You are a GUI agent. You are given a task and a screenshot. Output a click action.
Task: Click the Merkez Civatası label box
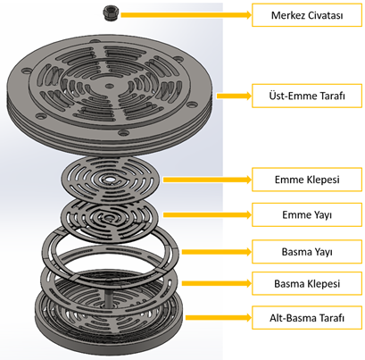pyautogui.click(x=307, y=15)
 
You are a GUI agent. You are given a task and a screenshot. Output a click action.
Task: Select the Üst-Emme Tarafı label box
pyautogui.click(x=307, y=96)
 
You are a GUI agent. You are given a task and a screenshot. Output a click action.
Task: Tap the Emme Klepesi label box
pyautogui.click(x=307, y=180)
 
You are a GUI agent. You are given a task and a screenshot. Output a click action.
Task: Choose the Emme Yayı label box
pyautogui.click(x=307, y=214)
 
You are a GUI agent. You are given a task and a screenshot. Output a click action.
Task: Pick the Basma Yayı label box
pyautogui.click(x=307, y=252)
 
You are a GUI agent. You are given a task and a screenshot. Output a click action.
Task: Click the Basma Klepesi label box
pyautogui.click(x=307, y=283)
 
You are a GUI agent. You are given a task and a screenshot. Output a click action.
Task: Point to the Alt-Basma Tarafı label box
pyautogui.click(x=307, y=318)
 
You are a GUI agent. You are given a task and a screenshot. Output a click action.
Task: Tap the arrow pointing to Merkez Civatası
pyautogui.click(x=187, y=15)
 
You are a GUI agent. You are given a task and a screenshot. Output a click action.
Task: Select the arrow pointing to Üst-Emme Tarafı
pyautogui.click(x=235, y=96)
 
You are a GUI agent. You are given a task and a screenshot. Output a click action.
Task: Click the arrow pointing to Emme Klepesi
pyautogui.click(x=207, y=180)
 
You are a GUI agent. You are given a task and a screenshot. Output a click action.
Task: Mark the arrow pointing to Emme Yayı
pyautogui.click(x=207, y=214)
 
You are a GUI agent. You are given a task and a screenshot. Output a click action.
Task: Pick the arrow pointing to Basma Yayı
pyautogui.click(x=217, y=252)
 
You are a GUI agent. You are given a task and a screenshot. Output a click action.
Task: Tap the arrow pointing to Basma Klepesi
pyautogui.click(x=217, y=283)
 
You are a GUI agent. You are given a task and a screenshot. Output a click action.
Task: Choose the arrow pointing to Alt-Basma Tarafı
pyautogui.click(x=219, y=318)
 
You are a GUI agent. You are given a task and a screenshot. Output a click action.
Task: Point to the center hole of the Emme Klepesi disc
pyautogui.click(x=110, y=180)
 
